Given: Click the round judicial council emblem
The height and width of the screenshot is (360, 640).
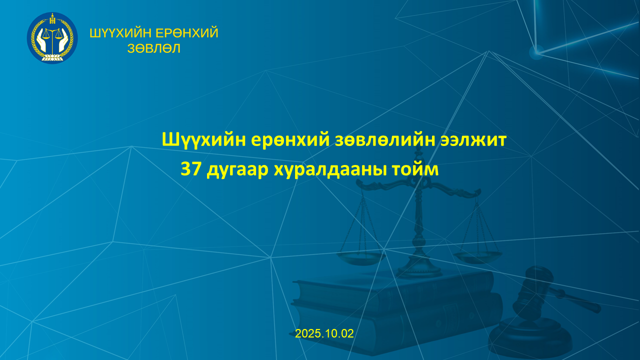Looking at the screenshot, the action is pyautogui.click(x=52, y=37).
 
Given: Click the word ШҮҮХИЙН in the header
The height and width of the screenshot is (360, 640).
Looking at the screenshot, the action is pyautogui.click(x=120, y=33).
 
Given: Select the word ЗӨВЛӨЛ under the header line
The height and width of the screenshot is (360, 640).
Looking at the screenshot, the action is pyautogui.click(x=153, y=48).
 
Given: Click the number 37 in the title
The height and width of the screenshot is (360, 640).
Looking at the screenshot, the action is pyautogui.click(x=191, y=169).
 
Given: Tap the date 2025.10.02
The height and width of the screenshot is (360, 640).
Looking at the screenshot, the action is pyautogui.click(x=324, y=333).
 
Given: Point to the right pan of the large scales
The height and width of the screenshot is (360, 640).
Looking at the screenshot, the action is pyautogui.click(x=477, y=256).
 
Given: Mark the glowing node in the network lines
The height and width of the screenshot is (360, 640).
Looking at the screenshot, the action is pyautogui.click(x=536, y=52).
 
